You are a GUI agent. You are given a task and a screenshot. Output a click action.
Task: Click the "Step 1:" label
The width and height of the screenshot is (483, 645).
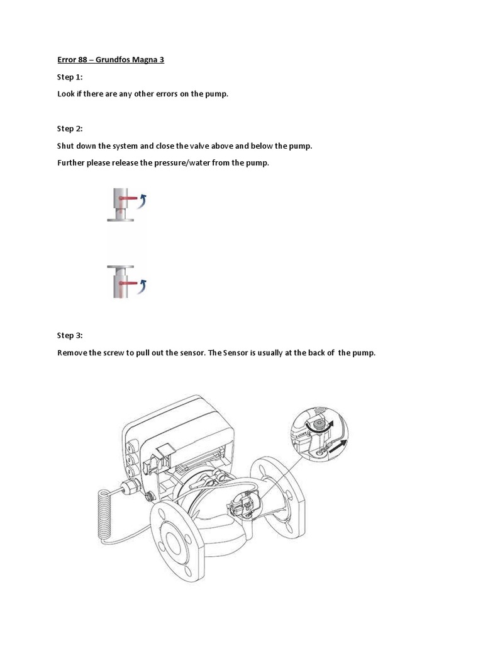70,77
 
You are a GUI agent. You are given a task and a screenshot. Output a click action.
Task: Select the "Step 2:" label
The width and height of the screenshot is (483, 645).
70,128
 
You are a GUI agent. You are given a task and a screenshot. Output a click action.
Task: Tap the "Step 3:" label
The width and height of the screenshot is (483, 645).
70,335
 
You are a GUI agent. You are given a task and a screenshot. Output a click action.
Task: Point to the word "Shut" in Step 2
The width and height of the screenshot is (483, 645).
65,146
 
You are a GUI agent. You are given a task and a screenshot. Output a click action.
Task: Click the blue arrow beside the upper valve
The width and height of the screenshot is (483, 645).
144,200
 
